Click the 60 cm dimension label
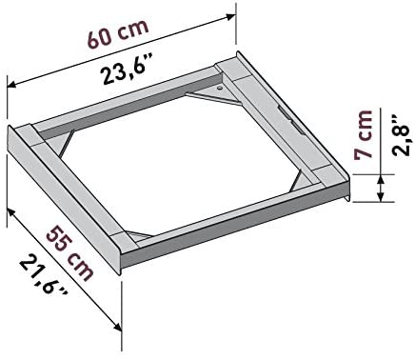point(118,33)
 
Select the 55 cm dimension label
point(70,253)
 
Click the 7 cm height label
point(363,134)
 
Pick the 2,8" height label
point(403,136)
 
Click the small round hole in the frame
point(220,88)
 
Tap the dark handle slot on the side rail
point(289,119)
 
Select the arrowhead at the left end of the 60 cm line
point(12,84)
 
